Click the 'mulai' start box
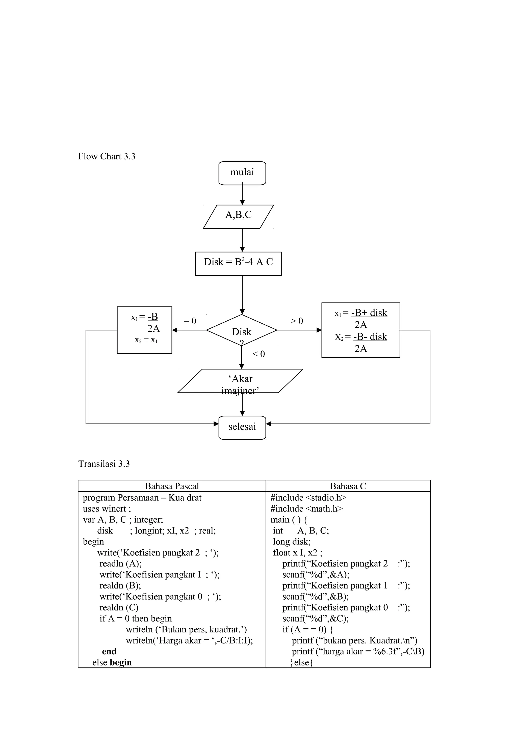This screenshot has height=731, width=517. [x=242, y=173]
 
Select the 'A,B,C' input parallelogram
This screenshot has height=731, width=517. [x=238, y=216]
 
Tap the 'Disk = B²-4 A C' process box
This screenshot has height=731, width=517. [x=238, y=263]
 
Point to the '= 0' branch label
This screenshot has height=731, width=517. [x=190, y=321]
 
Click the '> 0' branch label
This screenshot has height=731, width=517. [x=297, y=321]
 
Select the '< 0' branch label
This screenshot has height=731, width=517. [x=258, y=354]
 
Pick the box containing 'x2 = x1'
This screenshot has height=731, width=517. [x=145, y=330]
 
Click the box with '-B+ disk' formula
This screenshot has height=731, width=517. [x=360, y=330]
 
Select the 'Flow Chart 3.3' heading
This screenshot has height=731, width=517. [x=107, y=156]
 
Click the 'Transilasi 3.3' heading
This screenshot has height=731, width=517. [x=104, y=464]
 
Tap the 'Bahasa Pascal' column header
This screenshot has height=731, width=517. [x=172, y=486]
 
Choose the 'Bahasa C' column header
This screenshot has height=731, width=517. [x=348, y=486]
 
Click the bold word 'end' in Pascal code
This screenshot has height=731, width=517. [x=109, y=651]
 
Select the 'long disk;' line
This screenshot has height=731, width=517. [x=292, y=541]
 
